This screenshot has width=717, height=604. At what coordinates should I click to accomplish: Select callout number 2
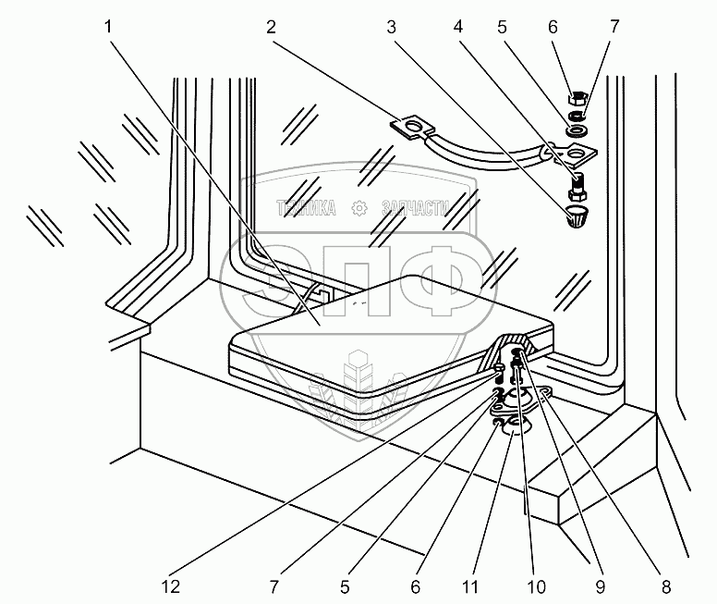pyautogui.click(x=270, y=28)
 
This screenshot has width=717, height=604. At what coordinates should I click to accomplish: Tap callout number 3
pyautogui.click(x=391, y=28)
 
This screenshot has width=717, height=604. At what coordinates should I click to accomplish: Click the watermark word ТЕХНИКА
pyautogui.click(x=306, y=208)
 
